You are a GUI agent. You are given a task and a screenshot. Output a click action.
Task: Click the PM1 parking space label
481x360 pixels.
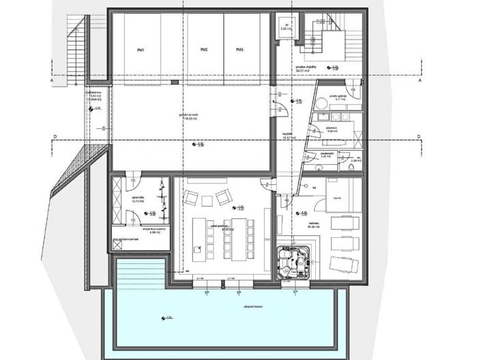coord(140,50)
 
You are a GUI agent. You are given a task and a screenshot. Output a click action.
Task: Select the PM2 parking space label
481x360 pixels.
coord(204,50)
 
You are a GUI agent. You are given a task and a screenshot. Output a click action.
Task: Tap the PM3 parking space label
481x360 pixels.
coord(239,50)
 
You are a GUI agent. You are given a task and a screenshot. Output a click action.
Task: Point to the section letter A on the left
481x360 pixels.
coord(51,80)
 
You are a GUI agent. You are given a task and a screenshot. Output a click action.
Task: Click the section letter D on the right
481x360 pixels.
coord(420,137)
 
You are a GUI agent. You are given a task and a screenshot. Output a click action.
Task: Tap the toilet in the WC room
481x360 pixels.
coord(350,166)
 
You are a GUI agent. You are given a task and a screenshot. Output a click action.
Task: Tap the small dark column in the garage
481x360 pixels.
coord(175,82)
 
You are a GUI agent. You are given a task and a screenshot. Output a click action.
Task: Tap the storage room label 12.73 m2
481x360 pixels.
coord(139,202)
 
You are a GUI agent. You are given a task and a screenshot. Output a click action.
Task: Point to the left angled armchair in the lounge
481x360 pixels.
coord(191,199)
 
